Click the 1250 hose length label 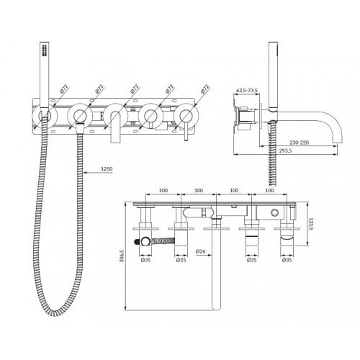click(x=107, y=169)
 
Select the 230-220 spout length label click(x=300, y=143)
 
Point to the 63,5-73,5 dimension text click(x=247, y=91)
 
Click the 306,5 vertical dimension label click(x=122, y=256)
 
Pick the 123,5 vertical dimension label click(x=311, y=224)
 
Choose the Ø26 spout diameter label click(x=200, y=251)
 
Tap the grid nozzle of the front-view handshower click(x=45, y=50)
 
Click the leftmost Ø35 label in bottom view click(x=145, y=260)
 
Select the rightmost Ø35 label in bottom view click(x=287, y=260)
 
